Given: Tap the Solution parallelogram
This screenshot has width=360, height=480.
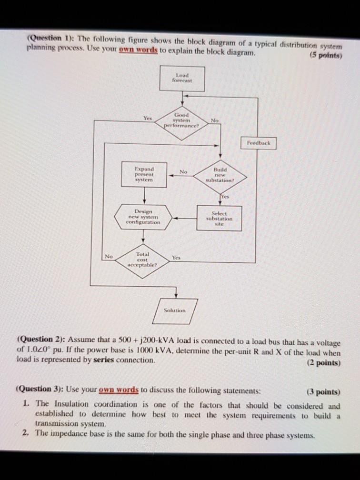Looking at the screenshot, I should tap(175, 310).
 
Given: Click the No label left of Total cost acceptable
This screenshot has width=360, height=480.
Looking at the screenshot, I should tap(109, 256).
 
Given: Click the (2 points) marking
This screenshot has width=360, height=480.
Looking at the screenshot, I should tap(324, 362).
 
